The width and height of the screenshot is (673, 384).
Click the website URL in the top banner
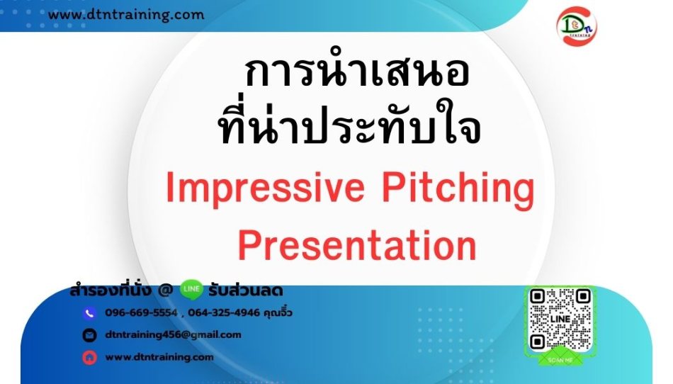point(126,15)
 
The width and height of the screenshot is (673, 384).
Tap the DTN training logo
point(576,26)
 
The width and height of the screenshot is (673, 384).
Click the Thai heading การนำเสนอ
point(357,72)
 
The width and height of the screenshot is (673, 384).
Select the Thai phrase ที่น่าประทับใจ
point(350,123)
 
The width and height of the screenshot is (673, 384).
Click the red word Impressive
point(265,188)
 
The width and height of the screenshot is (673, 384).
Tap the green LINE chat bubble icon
point(191,290)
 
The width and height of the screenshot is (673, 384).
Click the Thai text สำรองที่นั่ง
point(111,290)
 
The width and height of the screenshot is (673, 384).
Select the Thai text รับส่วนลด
point(246,291)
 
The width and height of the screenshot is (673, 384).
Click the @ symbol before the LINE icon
point(165,291)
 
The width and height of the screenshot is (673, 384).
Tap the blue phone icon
point(89,314)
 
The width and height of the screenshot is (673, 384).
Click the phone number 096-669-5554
point(141,312)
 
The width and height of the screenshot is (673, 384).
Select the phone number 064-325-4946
point(224,312)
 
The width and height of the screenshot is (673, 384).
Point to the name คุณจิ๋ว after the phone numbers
point(278,312)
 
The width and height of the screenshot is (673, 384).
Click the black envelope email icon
point(89,335)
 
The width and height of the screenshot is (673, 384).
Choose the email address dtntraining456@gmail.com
point(173,335)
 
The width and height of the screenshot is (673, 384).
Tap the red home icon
point(89,357)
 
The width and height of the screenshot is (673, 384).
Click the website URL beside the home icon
point(159,357)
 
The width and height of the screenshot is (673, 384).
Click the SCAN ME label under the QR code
point(560,360)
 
